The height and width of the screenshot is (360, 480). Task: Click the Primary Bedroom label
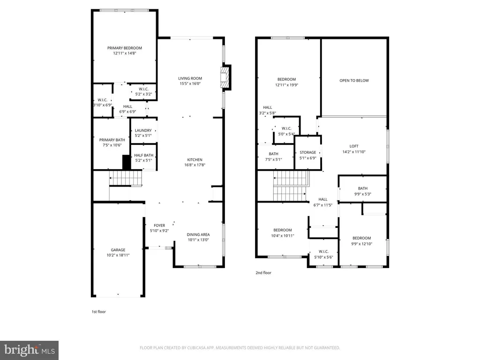click(x=124, y=48)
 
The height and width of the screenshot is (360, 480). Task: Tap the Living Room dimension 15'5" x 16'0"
click(x=190, y=84)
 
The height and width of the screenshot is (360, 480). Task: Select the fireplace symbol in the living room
click(x=225, y=77)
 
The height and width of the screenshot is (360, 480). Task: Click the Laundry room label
click(x=143, y=131)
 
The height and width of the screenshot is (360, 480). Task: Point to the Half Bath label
click(x=143, y=155)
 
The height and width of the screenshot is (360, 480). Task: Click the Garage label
click(x=118, y=250)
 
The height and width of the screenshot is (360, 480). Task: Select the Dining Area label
click(x=198, y=234)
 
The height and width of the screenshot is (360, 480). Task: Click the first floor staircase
click(x=125, y=179)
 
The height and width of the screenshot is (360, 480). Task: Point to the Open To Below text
click(x=354, y=81)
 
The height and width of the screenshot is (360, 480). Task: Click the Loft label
click(x=354, y=146)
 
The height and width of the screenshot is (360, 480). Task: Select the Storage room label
click(x=307, y=152)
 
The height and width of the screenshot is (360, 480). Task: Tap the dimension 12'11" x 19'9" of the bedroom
click(x=286, y=85)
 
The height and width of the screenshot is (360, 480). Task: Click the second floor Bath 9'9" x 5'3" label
click(x=362, y=189)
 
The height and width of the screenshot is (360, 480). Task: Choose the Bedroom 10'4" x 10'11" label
click(x=283, y=230)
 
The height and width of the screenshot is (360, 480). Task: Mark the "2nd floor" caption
click(x=263, y=273)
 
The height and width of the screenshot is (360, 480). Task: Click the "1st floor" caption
click(x=98, y=311)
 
